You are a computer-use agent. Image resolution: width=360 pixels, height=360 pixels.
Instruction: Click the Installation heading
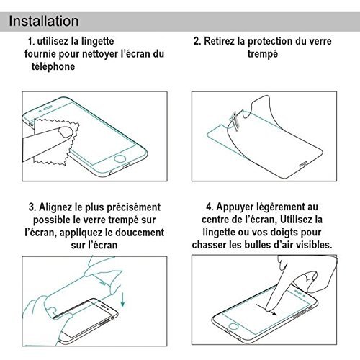44,21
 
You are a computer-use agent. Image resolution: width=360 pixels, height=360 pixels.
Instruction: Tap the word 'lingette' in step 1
97,42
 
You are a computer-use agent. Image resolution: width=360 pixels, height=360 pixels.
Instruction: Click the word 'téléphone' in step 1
53,66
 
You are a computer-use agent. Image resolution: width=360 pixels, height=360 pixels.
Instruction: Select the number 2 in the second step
197,41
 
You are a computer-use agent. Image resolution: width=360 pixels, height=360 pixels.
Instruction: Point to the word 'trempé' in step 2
263,54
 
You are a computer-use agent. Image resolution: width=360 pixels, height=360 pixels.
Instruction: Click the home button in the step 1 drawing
120,158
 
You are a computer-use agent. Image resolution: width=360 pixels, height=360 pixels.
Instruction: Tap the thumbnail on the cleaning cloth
66,132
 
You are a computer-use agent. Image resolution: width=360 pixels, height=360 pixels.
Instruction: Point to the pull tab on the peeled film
235,120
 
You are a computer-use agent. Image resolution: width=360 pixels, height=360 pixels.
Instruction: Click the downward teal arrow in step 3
123,299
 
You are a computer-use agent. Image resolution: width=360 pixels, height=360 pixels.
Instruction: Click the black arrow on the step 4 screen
266,310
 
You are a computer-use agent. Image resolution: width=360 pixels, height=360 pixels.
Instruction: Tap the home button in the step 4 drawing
233,326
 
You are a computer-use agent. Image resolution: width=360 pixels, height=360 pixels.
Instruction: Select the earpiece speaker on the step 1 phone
48,107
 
